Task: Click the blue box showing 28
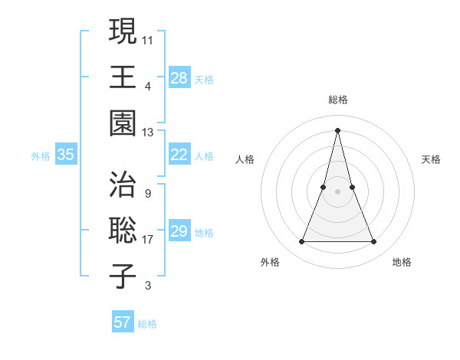click(179, 77)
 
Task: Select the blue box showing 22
click(179, 155)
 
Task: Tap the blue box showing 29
click(179, 231)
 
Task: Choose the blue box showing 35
click(65, 155)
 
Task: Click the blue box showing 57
click(122, 322)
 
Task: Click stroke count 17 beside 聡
click(148, 240)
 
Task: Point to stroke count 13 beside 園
click(148, 133)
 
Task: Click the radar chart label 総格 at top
click(337, 100)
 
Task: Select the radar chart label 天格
click(432, 159)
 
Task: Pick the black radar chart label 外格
click(270, 262)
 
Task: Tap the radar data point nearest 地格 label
click(373, 242)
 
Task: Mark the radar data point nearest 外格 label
click(301, 242)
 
